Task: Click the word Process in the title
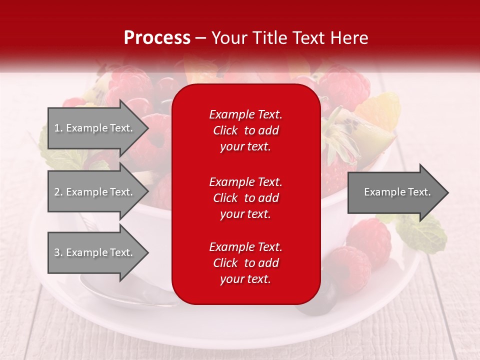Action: click(x=157, y=37)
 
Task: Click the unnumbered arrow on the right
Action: click(x=397, y=192)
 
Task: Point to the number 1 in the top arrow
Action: click(x=57, y=128)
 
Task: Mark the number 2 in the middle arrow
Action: click(x=57, y=192)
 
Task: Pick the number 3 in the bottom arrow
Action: click(x=57, y=252)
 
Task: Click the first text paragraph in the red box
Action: click(x=245, y=130)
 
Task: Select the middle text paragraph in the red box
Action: click(x=245, y=198)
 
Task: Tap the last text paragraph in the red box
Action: click(x=245, y=263)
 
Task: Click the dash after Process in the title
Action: click(x=201, y=38)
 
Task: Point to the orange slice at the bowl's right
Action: click(x=379, y=112)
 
